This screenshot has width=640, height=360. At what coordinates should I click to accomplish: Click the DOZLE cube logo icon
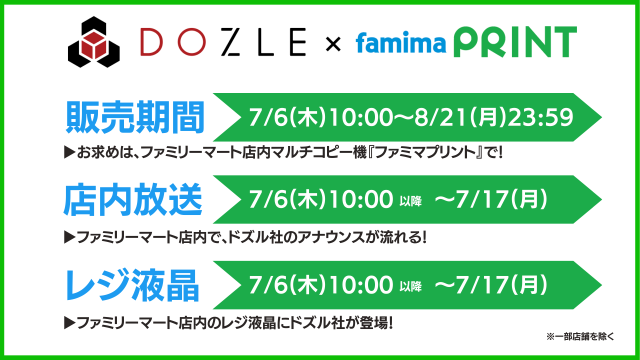[x=93, y=42]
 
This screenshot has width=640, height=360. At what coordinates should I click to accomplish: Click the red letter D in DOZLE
[x=151, y=41]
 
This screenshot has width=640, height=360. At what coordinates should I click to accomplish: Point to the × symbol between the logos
[x=333, y=44]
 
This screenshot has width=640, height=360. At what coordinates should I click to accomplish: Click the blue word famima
[x=401, y=42]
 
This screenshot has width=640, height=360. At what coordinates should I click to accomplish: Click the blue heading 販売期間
[x=135, y=117]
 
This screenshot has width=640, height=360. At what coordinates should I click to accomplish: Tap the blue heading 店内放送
[x=133, y=199]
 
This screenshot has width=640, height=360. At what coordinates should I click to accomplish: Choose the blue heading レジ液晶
[x=132, y=285]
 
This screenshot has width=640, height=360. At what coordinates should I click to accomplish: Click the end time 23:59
[x=540, y=117]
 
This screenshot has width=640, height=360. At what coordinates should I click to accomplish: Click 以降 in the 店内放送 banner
[x=410, y=201]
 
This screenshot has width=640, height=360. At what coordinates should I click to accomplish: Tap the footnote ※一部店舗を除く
[x=580, y=336]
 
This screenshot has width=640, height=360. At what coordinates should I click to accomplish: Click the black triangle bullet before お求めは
[x=69, y=152]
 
